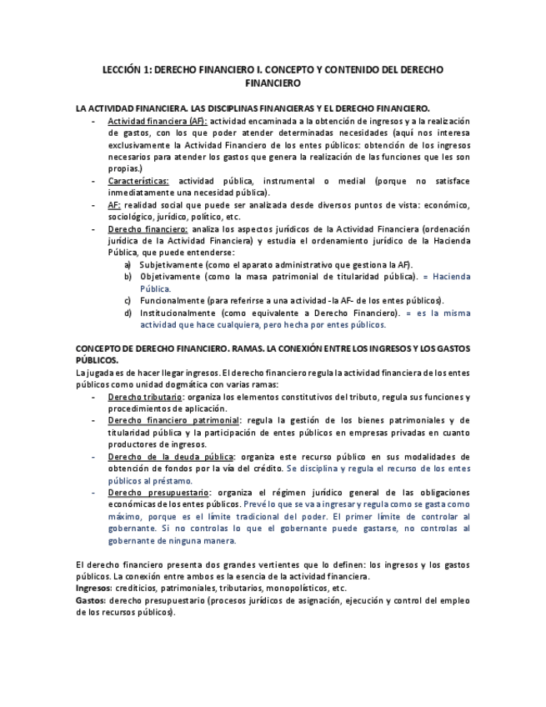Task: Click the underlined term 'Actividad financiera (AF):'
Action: click(158, 121)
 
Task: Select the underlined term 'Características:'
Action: click(138, 181)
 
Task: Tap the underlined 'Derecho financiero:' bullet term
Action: click(148, 228)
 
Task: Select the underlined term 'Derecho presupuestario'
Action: click(158, 493)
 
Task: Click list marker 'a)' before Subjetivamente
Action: click(128, 264)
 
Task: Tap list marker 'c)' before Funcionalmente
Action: click(128, 300)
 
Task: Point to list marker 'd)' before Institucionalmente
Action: click(128, 313)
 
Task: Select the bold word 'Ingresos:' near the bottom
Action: click(93, 589)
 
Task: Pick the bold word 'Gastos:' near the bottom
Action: click(89, 600)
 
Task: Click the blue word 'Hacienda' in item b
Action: click(450, 277)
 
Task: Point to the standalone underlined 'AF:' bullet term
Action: click(115, 205)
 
